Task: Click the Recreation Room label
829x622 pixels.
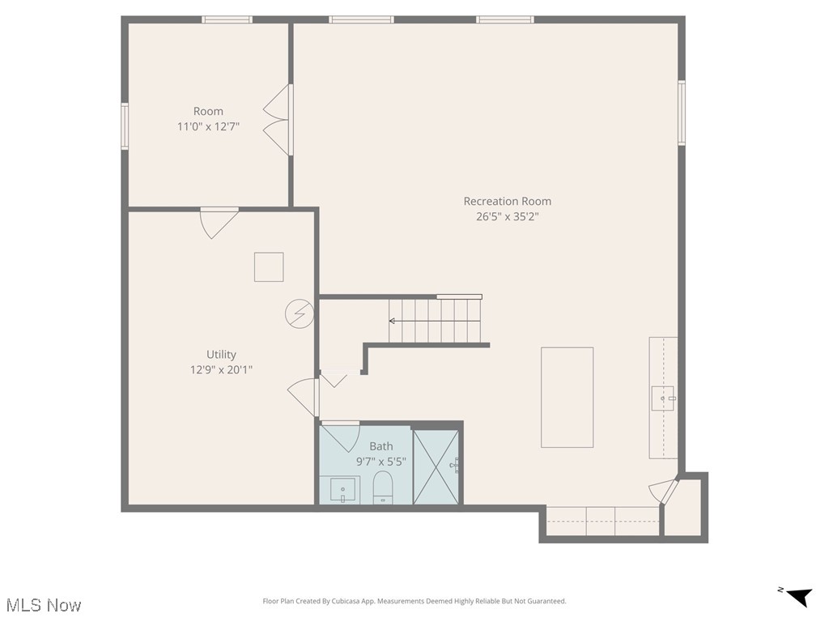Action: (507, 201)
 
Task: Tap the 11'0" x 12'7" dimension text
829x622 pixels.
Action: (208, 126)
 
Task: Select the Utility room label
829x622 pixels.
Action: (221, 354)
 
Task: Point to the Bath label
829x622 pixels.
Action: (381, 446)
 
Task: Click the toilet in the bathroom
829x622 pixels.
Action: (382, 488)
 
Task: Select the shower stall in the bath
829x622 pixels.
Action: (436, 466)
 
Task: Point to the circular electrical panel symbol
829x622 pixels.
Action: (299, 313)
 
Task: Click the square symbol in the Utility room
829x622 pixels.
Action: (269, 266)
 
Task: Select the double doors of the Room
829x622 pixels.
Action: (278, 120)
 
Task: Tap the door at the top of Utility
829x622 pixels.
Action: (219, 222)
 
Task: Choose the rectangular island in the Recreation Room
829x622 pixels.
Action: (567, 397)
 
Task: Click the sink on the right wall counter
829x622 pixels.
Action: (662, 398)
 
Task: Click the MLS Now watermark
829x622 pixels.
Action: (44, 605)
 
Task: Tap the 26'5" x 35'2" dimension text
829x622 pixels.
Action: (507, 216)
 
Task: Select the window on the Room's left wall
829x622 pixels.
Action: (125, 126)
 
